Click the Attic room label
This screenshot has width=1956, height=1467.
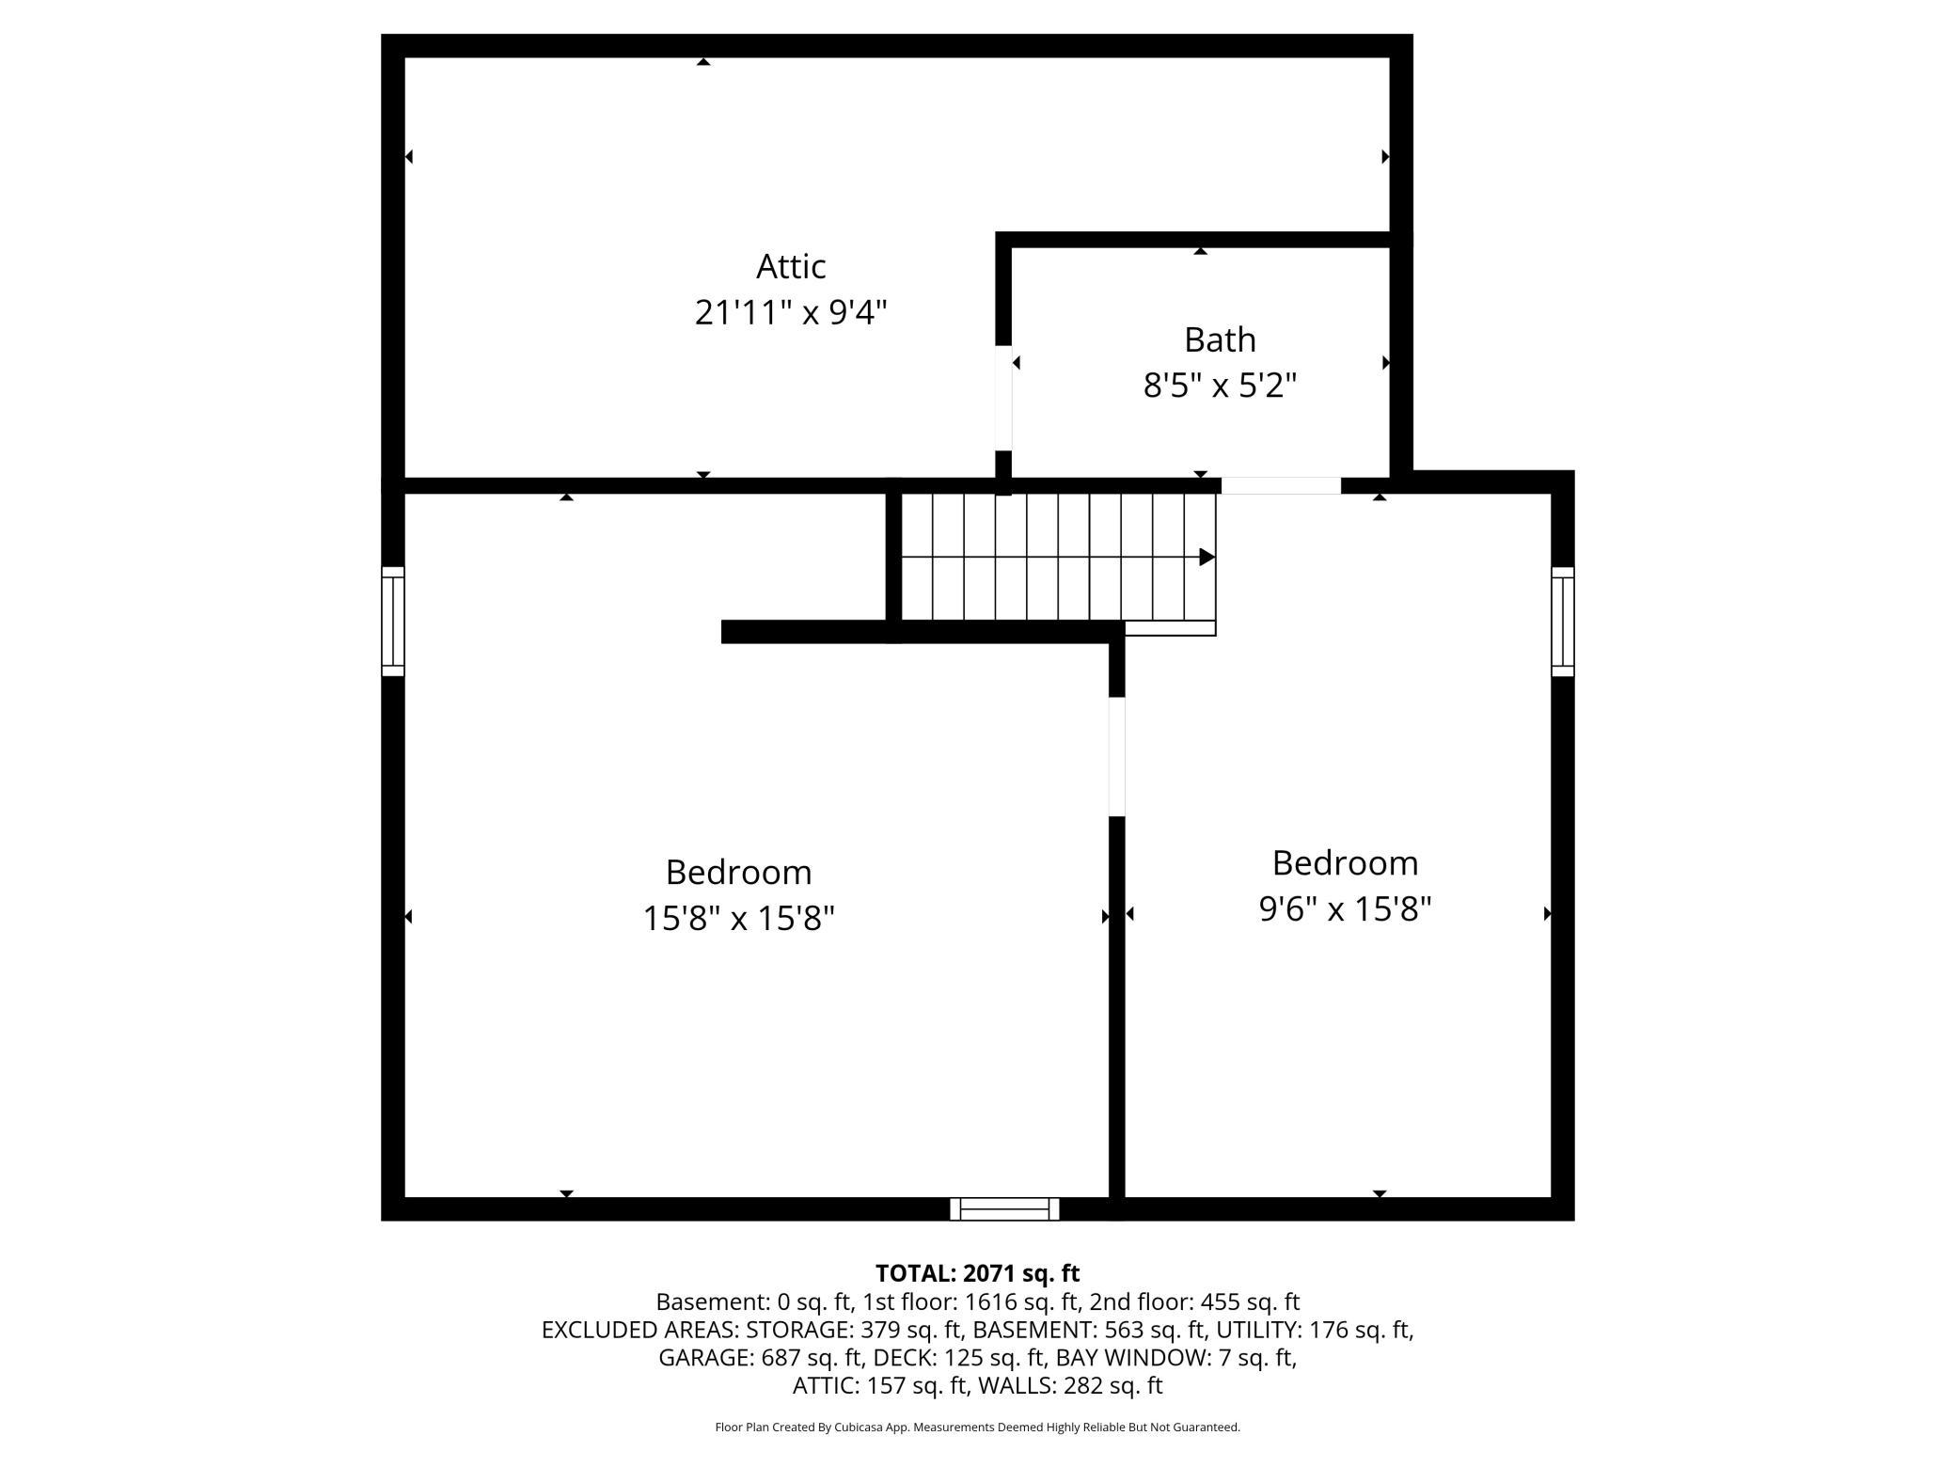(791, 267)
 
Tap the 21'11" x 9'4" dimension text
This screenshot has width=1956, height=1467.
(791, 312)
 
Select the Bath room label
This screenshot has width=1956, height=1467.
(1220, 339)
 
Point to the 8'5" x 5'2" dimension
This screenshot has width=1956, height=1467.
(1220, 386)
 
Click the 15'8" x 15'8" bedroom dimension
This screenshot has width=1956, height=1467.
(738, 918)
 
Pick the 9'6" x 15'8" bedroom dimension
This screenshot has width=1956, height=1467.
(1345, 909)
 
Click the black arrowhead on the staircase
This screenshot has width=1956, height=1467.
(1207, 558)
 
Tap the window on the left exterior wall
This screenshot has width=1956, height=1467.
(392, 621)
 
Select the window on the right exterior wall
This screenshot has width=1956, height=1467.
(1562, 621)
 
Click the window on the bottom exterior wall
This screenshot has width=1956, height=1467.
(1004, 1208)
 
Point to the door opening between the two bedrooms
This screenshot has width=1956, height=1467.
(1117, 756)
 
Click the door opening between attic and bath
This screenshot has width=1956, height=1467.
(1003, 398)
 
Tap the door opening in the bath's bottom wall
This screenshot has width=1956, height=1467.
(1281, 485)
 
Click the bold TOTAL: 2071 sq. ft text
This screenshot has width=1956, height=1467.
(977, 1273)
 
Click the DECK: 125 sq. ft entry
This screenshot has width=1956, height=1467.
(959, 1358)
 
